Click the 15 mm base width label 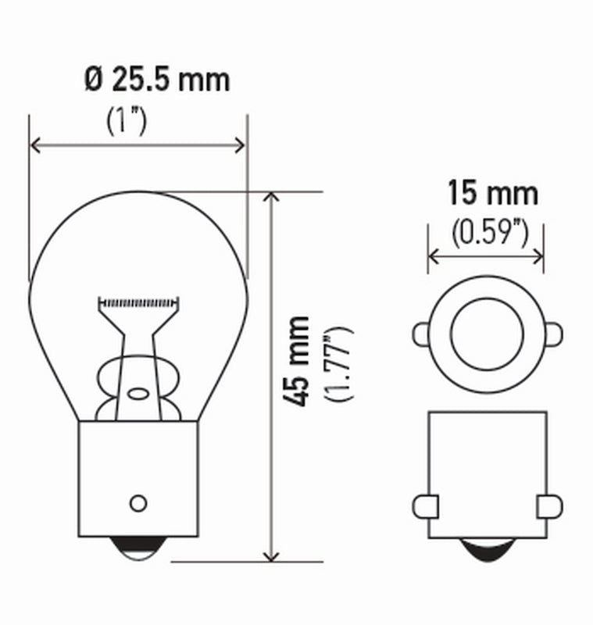(x=492, y=193)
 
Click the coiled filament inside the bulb (x=138, y=302)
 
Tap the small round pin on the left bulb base (x=139, y=502)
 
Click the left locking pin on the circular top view (x=420, y=334)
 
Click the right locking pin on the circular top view (x=553, y=334)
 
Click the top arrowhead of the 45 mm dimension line (x=271, y=197)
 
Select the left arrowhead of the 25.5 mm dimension (x=35, y=145)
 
